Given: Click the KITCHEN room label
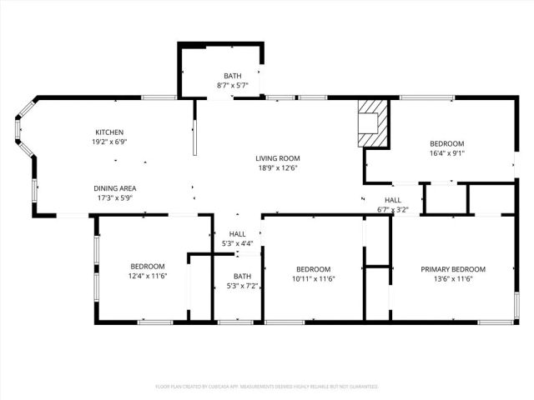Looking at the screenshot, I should point(109,132).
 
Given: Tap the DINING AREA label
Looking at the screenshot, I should point(115,188).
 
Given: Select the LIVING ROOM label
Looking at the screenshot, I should point(278,158).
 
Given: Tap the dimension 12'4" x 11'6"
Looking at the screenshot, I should point(148,277).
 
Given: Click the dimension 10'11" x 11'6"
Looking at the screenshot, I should point(314,279).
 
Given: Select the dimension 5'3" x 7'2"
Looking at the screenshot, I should point(242,287).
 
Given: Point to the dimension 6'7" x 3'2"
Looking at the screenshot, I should point(392,210).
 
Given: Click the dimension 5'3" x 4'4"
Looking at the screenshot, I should point(238,243).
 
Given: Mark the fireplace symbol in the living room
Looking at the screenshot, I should point(372,124).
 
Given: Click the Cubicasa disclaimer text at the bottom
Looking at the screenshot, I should point(267,387).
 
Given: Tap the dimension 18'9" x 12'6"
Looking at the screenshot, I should point(278,168).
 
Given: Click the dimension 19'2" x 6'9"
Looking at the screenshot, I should point(109,142).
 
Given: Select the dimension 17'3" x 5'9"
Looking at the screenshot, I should point(115,198).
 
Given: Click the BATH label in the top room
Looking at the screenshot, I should point(232,77).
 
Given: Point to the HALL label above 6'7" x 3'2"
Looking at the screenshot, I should point(392,200).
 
